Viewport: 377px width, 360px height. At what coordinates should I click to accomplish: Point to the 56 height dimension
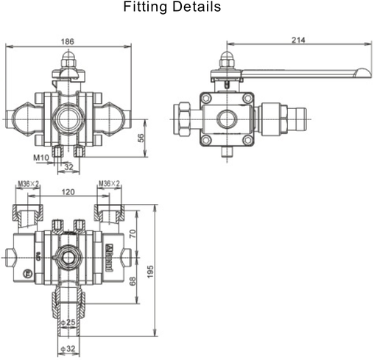(141, 137)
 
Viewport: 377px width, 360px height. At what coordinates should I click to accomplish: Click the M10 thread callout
(40, 158)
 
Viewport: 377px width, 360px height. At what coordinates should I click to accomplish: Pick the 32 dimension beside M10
(69, 168)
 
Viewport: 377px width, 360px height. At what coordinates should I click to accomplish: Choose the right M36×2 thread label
(109, 183)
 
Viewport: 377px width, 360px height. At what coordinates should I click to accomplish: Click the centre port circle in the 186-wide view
(69, 116)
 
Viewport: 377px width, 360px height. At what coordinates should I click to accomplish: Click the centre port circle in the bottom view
(68, 257)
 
